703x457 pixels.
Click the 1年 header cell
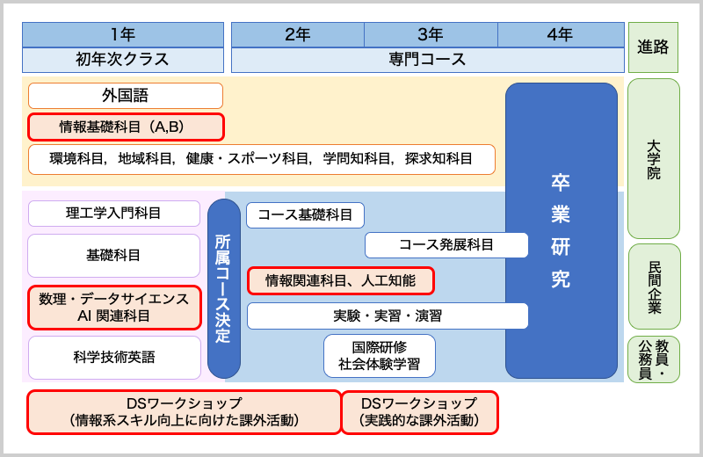(123, 35)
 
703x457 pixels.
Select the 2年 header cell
(298, 35)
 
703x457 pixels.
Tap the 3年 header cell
(431, 35)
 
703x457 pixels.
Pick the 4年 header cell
(560, 35)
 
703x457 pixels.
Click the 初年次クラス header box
(123, 60)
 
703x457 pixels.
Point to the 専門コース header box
(427, 60)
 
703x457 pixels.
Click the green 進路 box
(653, 47)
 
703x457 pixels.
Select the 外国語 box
(126, 96)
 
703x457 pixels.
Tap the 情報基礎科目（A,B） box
(126, 127)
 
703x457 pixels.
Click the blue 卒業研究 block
(561, 230)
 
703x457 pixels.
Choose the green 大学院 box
(653, 158)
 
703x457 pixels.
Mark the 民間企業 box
(654, 287)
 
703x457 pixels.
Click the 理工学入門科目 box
(114, 214)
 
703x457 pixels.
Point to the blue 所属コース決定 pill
(224, 288)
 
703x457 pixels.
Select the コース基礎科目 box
(305, 215)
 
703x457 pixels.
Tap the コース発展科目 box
(446, 245)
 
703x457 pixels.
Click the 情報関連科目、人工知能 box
(341, 280)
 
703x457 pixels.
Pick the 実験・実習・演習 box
(388, 316)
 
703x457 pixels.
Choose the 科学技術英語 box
(114, 357)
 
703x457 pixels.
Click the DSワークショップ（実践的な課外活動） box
(419, 412)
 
